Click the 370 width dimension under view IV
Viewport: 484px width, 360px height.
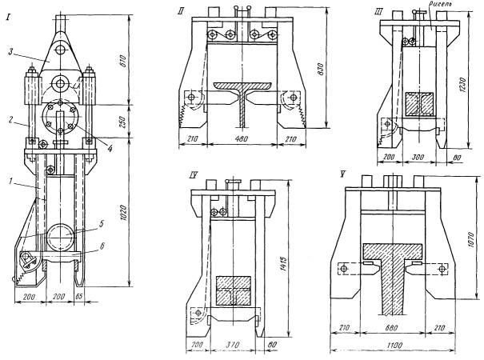point(232,346)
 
